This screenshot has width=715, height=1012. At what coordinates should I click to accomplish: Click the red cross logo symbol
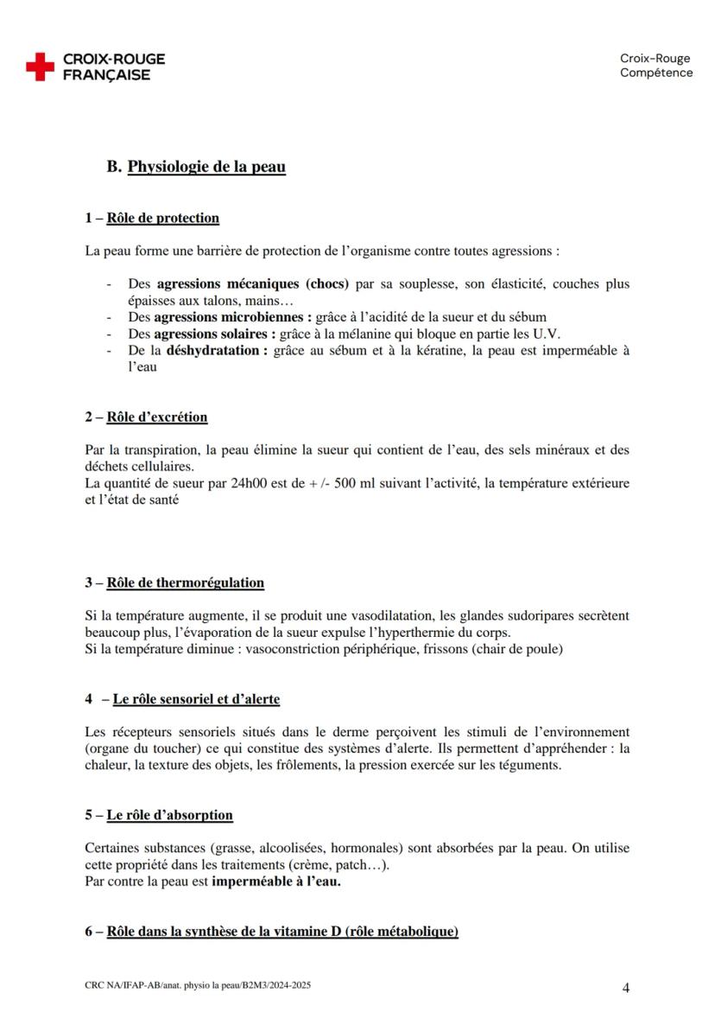(x=40, y=67)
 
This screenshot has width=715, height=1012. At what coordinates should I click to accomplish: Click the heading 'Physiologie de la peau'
(x=206, y=167)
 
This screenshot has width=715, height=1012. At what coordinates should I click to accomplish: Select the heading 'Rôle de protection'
(x=162, y=218)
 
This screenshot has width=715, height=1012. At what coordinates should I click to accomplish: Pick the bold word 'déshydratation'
(x=212, y=350)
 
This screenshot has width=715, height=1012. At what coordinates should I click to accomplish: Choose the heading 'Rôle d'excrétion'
(x=157, y=417)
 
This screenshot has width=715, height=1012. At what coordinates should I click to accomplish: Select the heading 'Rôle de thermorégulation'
(x=186, y=582)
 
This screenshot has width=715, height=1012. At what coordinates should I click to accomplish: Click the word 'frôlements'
(x=306, y=765)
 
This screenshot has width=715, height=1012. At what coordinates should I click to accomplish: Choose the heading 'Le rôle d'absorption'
(x=169, y=815)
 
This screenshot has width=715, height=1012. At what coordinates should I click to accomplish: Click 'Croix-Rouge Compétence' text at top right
(x=655, y=66)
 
